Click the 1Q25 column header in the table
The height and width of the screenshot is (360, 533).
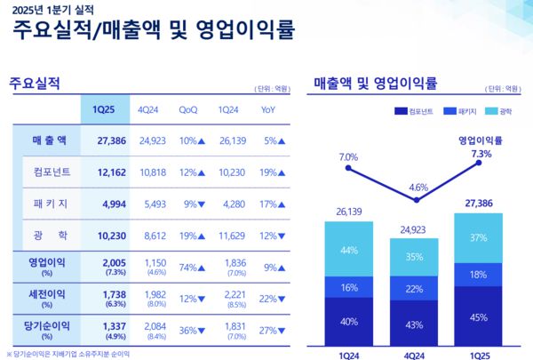tap(102, 109)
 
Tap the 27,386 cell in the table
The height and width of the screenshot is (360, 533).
tap(102, 140)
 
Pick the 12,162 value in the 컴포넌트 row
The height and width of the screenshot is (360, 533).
tap(102, 171)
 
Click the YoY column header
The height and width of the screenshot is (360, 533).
tap(268, 109)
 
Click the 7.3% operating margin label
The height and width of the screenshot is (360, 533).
tap(481, 153)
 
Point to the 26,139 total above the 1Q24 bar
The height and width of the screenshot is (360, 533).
tap(347, 212)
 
